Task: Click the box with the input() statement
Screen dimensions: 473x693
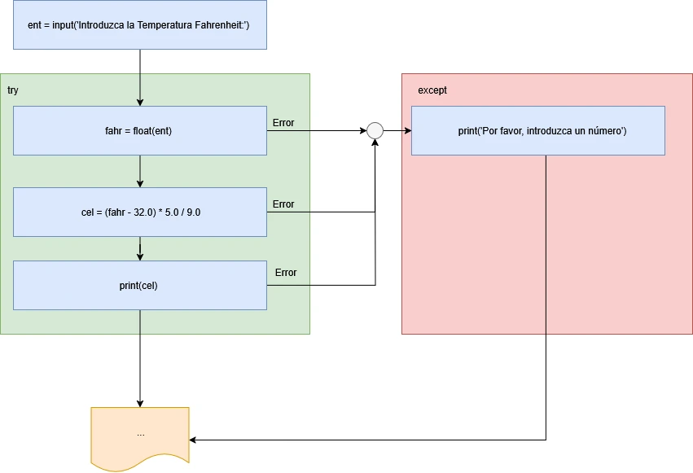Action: (x=140, y=25)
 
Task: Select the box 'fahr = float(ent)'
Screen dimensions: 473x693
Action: (x=140, y=130)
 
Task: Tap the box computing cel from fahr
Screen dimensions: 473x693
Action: (x=140, y=212)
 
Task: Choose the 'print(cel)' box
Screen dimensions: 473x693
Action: (x=140, y=285)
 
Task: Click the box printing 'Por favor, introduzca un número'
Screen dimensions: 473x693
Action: (x=537, y=130)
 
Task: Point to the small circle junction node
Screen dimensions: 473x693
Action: (x=375, y=130)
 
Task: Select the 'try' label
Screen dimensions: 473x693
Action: (x=13, y=90)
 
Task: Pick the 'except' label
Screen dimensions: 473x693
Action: (x=432, y=90)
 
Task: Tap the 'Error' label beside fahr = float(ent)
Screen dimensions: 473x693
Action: (x=283, y=123)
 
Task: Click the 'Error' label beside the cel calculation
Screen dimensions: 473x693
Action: (x=283, y=204)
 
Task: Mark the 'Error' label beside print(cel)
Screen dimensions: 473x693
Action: (x=286, y=273)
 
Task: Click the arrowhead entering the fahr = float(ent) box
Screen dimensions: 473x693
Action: (x=140, y=102)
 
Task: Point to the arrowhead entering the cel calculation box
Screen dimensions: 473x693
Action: (x=140, y=183)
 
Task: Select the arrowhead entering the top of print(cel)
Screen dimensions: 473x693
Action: (x=140, y=256)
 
